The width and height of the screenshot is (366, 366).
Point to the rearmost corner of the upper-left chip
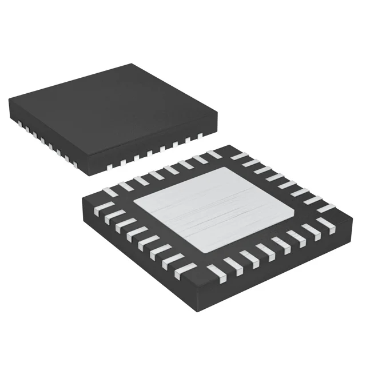pos(133,64)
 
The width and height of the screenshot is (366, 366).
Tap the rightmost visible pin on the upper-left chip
pos(200,135)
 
